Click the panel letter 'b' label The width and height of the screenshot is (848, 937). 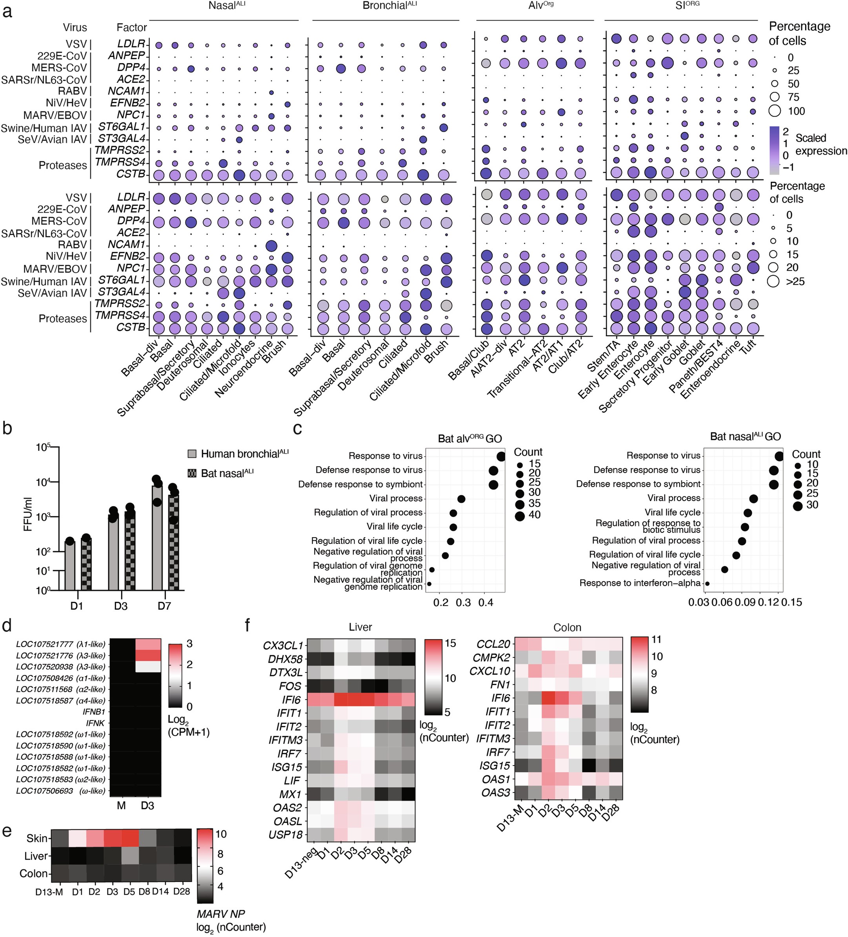[7, 428]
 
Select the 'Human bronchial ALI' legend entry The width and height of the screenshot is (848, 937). [244, 454]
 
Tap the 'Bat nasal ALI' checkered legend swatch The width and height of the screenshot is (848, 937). [192, 473]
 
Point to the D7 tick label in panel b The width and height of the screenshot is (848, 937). [164, 606]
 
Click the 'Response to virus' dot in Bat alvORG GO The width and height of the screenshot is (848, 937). [501, 456]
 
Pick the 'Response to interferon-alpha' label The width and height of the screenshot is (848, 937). [639, 583]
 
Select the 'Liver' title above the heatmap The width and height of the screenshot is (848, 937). [360, 627]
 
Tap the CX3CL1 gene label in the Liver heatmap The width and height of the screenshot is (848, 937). [282, 645]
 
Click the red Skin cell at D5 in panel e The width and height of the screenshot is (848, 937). [129, 838]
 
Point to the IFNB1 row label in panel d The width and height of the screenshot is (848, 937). [95, 712]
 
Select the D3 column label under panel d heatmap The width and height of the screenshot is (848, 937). [147, 806]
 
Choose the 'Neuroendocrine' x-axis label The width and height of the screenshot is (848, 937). [244, 370]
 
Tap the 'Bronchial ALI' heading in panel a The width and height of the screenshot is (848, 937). [389, 6]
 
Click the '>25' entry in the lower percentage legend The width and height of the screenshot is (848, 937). [795, 281]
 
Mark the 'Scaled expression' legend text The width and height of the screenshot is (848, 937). [821, 144]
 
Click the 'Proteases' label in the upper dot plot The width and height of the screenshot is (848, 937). [63, 166]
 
